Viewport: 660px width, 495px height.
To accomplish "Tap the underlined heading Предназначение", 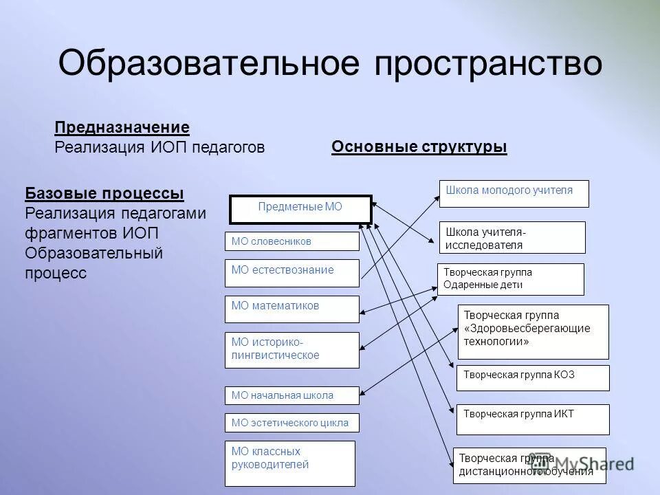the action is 122,127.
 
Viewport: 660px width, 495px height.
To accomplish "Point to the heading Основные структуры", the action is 419,147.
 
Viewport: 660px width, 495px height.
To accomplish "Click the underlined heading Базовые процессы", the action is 104,193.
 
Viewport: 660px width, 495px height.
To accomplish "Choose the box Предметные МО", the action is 300,209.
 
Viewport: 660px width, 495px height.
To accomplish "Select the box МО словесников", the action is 291,241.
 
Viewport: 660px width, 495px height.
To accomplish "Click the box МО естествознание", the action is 291,273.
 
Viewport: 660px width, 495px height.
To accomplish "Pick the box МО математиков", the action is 291,309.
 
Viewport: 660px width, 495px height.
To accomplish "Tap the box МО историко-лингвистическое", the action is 291,349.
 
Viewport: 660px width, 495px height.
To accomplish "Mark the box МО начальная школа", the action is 291,395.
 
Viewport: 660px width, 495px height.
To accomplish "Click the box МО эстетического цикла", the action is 291,422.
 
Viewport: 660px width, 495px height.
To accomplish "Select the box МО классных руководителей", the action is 290,463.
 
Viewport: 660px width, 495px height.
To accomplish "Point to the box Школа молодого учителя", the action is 514,193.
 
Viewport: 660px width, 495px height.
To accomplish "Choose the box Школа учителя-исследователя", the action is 512,237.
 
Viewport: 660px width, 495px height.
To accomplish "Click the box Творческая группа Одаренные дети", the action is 510,279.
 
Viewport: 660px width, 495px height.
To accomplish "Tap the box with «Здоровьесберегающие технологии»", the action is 533,331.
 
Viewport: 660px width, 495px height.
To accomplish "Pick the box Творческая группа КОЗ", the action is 533,377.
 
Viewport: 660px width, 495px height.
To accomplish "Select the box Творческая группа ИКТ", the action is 533,419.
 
